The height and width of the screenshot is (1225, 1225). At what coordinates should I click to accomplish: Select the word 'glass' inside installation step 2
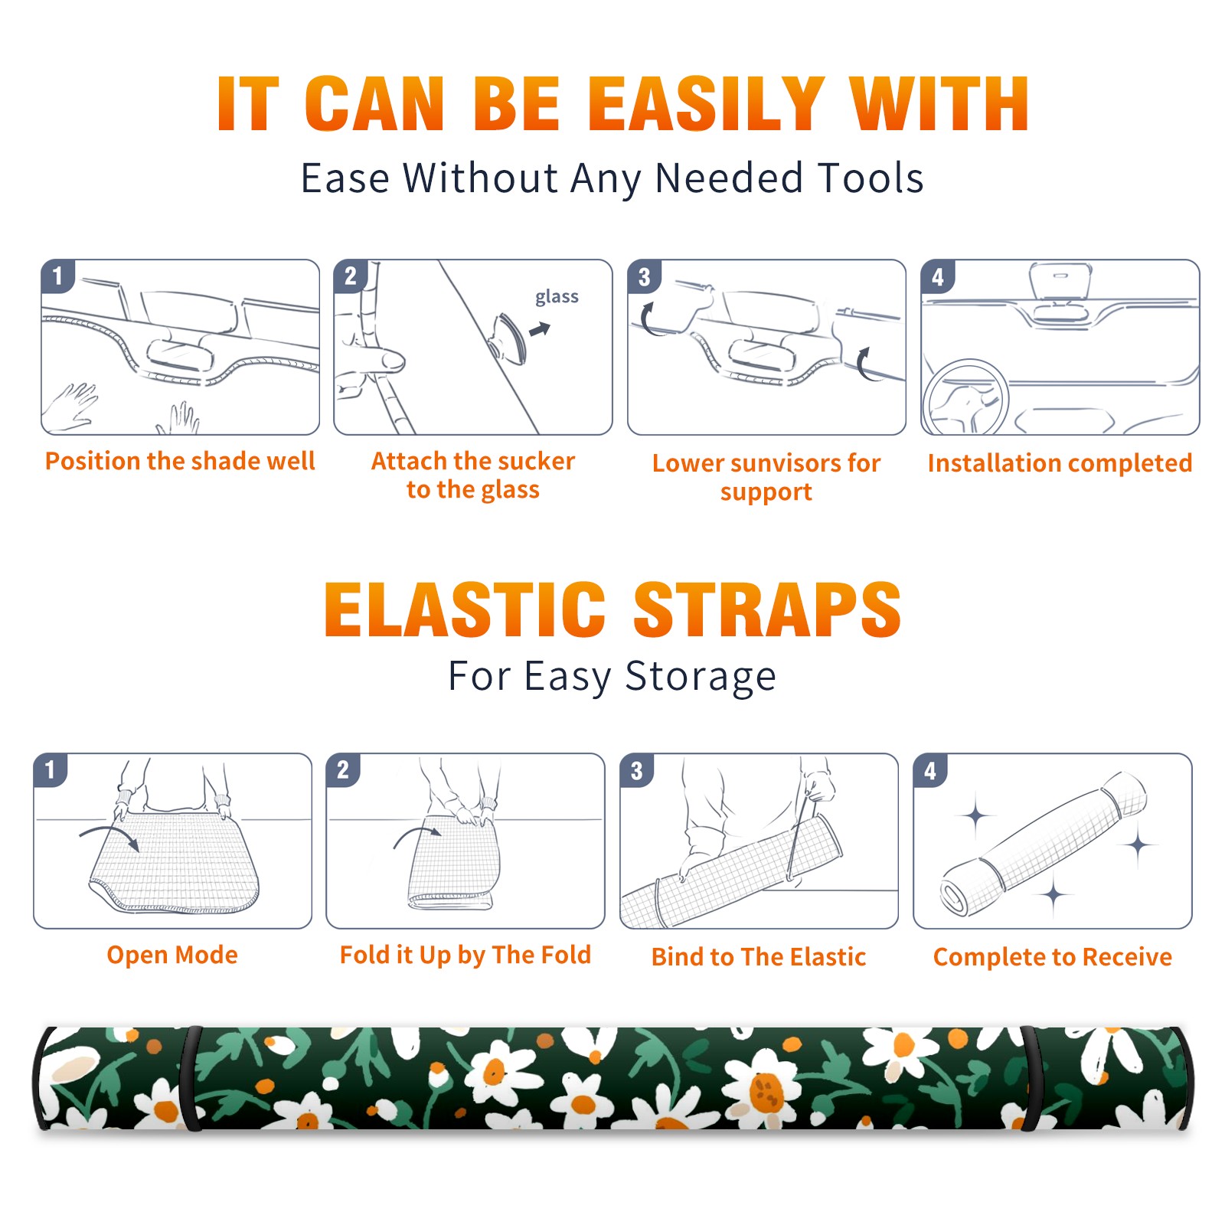click(x=557, y=297)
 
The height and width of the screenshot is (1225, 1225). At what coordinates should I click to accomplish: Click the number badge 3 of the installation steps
click(x=644, y=276)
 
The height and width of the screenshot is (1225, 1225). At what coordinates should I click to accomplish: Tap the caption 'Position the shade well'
click(x=180, y=461)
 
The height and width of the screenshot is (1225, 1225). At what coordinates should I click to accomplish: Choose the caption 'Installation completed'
click(x=1060, y=463)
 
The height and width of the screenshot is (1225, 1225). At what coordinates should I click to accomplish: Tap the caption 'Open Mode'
click(x=172, y=955)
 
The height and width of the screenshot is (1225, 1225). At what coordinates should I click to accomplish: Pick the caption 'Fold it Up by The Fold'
click(x=465, y=955)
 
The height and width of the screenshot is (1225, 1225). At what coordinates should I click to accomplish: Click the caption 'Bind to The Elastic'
click(x=759, y=957)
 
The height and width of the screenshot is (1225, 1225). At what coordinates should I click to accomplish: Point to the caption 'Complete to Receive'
click(x=1053, y=957)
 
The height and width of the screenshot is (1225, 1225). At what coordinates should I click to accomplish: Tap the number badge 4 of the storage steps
click(x=930, y=770)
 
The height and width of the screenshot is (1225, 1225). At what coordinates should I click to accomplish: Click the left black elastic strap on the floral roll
click(x=191, y=1078)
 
